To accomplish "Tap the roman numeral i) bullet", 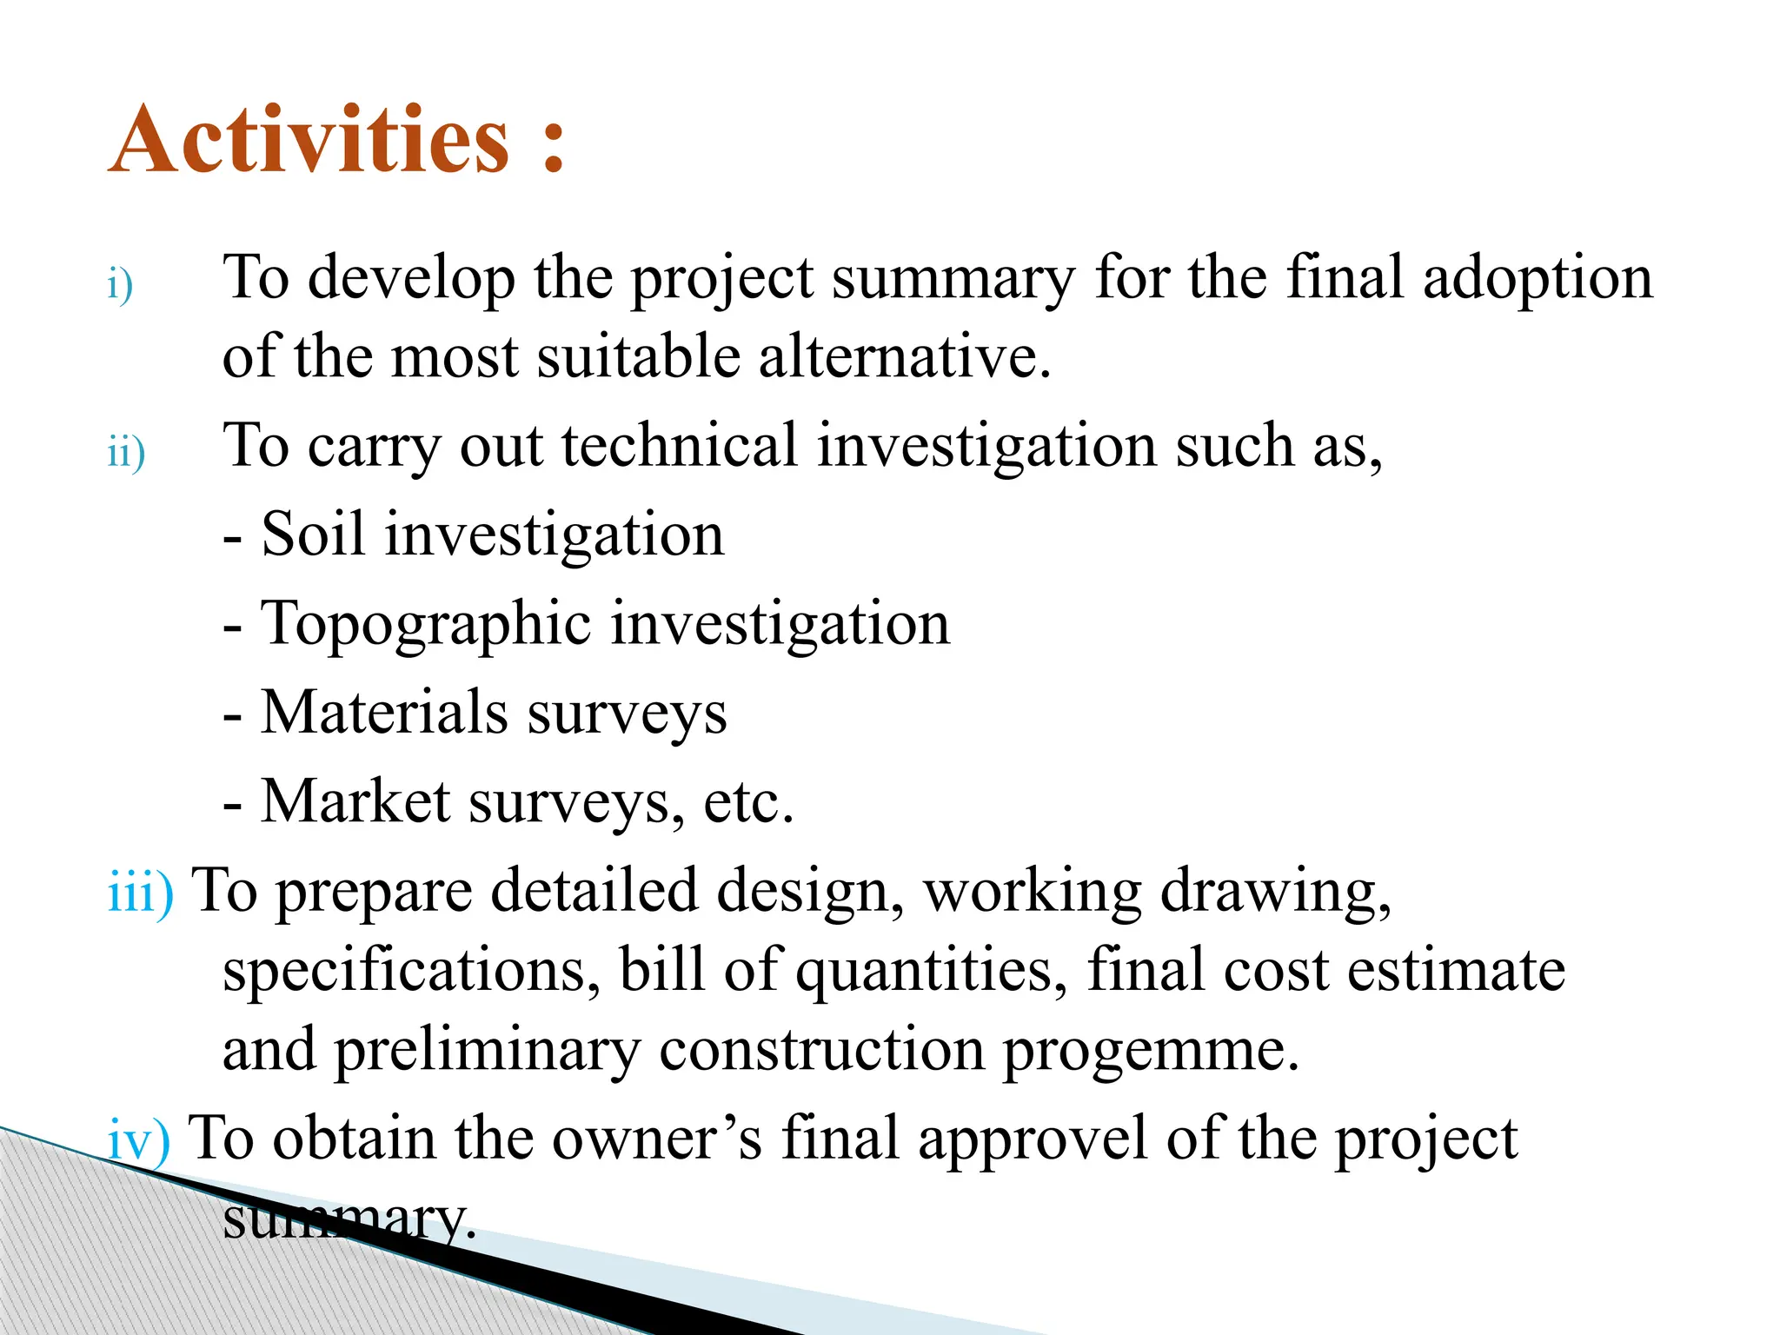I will [x=120, y=285].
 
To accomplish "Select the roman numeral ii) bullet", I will [x=126, y=453].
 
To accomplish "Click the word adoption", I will [x=1538, y=278].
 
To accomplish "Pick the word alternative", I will [x=904, y=357].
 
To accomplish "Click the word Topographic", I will [x=426, y=624].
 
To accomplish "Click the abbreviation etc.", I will [x=747, y=803].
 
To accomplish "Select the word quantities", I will [x=930, y=971].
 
